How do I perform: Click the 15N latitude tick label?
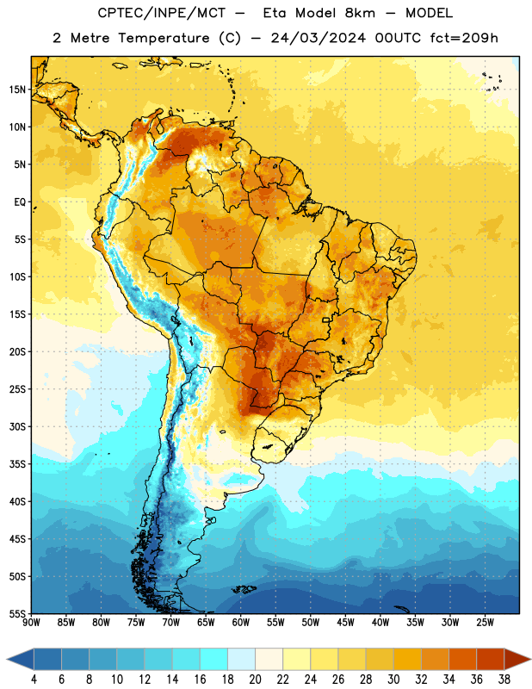pos(17,90)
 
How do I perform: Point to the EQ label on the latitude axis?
pos(20,202)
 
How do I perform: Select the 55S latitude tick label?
pos(17,613)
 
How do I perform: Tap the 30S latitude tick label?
pos(17,426)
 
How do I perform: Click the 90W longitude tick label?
pos(31,623)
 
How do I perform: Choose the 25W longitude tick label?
pos(485,623)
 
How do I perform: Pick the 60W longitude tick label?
pos(241,623)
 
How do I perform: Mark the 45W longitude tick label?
pos(346,623)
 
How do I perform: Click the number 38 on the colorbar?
pos(504,680)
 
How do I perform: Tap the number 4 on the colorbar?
pos(34,680)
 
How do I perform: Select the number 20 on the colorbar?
pos(255,680)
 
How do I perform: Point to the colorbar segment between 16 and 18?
pos(214,659)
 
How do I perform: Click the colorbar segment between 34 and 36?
pos(463,659)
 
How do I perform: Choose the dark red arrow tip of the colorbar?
pos(517,659)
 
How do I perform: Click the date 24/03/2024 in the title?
pos(319,38)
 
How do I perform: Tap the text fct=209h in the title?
pos(464,38)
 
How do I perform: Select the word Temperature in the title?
pos(164,38)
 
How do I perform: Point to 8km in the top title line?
pos(360,13)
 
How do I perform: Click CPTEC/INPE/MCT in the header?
pos(161,13)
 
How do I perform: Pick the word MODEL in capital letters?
pos(429,13)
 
